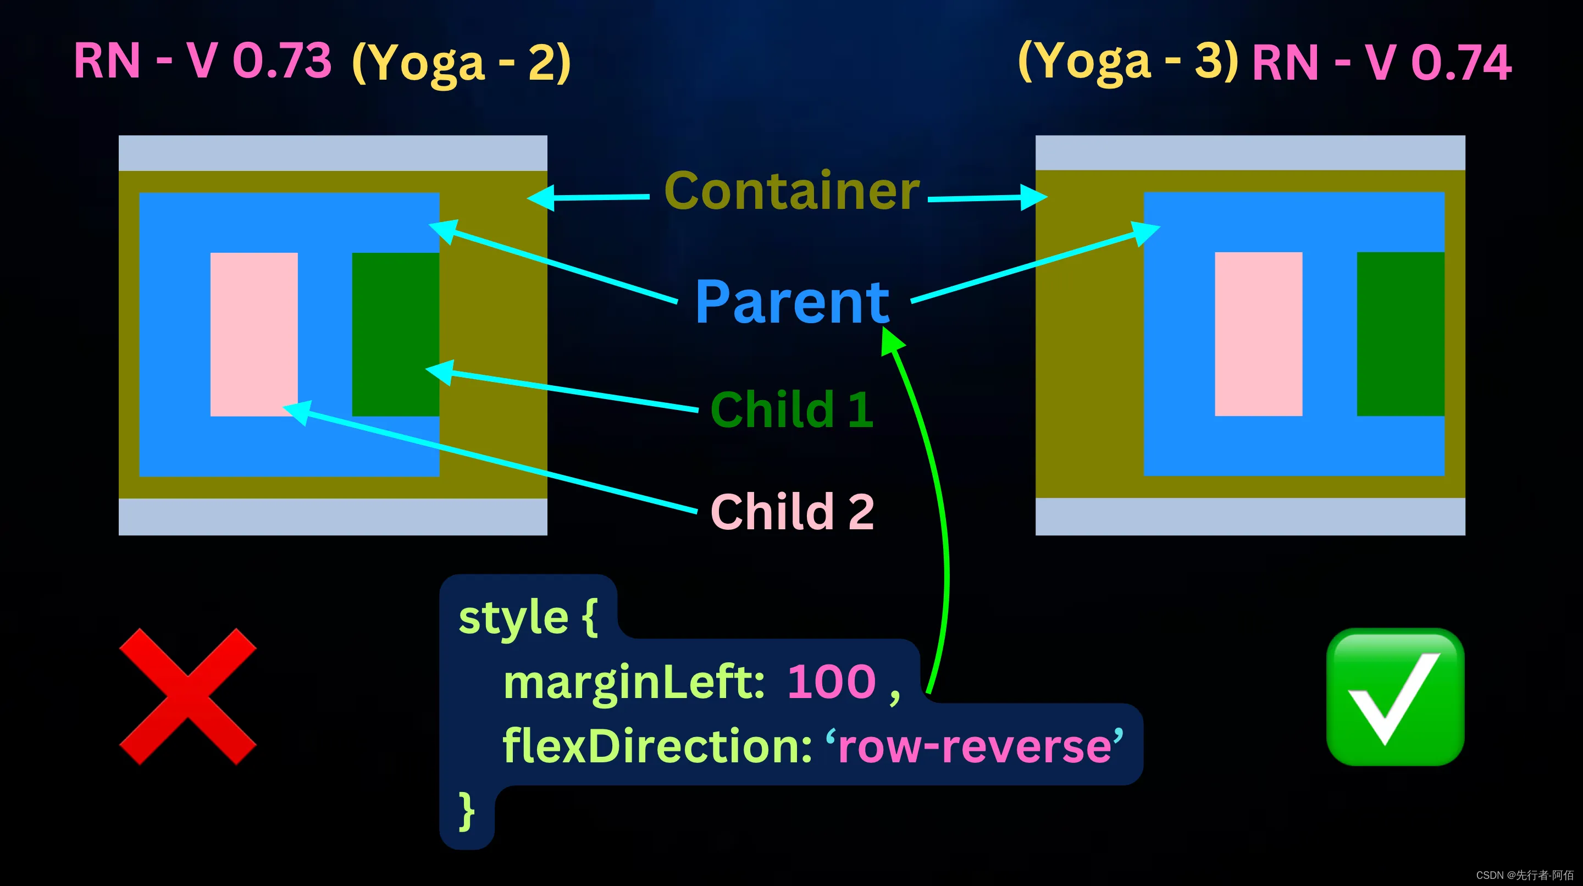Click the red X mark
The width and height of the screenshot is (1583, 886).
click(x=187, y=696)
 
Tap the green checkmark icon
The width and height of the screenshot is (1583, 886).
click(x=1396, y=697)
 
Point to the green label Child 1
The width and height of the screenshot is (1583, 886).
click(x=791, y=409)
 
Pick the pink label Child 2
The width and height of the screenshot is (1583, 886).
click(x=792, y=511)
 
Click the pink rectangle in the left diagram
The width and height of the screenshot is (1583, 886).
click(x=254, y=334)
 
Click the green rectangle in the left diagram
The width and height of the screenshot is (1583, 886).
click(x=395, y=334)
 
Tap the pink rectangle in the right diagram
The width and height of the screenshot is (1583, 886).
click(x=1259, y=334)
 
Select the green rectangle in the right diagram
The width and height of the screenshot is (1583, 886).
click(x=1401, y=334)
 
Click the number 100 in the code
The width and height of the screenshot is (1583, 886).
click(x=832, y=682)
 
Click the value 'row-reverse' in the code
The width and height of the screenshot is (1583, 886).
click(x=975, y=745)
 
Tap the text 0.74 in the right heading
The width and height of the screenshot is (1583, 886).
click(x=1462, y=62)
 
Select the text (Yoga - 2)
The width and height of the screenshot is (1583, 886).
click(x=462, y=62)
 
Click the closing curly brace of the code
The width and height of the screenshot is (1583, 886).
click(x=467, y=811)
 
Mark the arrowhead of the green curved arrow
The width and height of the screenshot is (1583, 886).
click(x=891, y=339)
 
